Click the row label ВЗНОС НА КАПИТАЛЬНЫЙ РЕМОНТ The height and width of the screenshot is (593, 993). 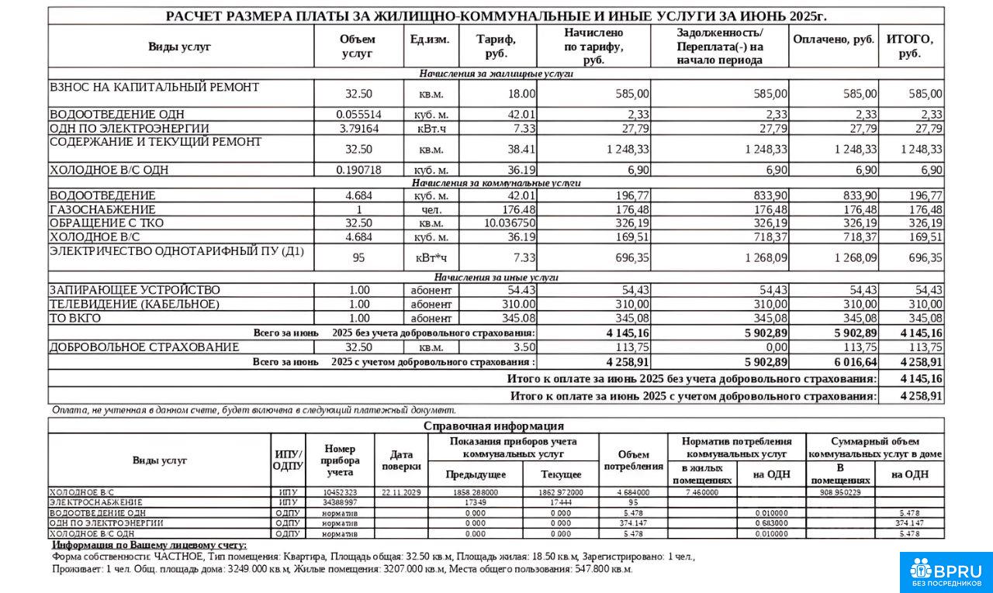pos(154,88)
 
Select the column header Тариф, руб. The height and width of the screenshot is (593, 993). pos(496,47)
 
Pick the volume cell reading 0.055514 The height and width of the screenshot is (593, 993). pos(358,115)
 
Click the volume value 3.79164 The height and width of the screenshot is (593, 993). pos(358,129)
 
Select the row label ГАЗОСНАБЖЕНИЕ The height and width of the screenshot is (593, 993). pos(102,210)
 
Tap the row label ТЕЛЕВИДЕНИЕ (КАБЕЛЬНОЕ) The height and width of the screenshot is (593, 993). pos(134,305)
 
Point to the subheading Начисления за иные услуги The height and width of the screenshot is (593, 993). pos(496,278)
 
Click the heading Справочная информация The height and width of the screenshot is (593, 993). pos(493,426)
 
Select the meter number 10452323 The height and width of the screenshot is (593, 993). pos(340,492)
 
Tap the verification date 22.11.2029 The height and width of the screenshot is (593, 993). pos(401,492)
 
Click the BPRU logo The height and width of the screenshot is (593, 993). pos(946,571)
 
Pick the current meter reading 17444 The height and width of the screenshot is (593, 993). pos(559,502)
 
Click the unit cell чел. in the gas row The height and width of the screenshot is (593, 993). pos(431,210)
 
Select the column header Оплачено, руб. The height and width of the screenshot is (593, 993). pos(833,40)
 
